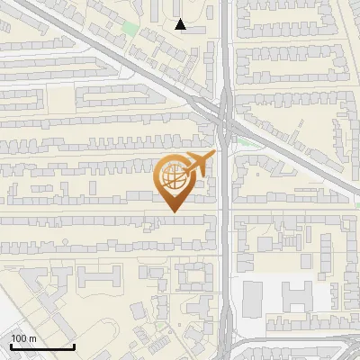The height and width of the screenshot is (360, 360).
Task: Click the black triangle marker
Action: [x=181, y=25]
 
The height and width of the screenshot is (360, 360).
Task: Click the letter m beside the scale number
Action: [x=33, y=338]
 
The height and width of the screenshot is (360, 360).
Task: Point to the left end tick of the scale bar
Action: [x=11, y=346]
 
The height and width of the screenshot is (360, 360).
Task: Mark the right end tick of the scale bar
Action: [x=74, y=346]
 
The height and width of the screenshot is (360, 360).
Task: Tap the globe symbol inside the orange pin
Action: [x=173, y=179]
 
